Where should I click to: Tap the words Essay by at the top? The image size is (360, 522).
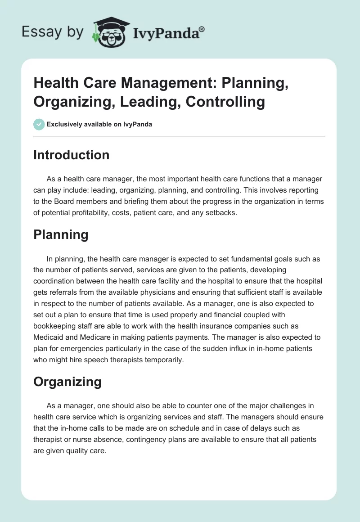[x=53, y=31]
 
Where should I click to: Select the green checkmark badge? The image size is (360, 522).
[x=39, y=124]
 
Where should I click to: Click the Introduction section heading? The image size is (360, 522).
[x=72, y=155]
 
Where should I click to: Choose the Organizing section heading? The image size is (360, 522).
[x=67, y=382]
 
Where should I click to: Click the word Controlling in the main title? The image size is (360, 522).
[x=225, y=101]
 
